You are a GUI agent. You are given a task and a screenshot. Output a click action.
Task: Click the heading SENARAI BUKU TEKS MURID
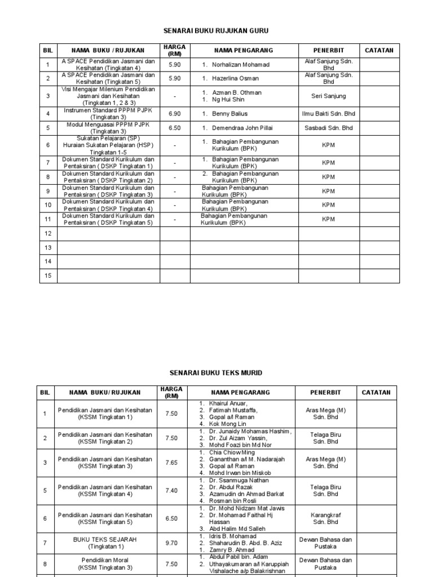coord(216,373)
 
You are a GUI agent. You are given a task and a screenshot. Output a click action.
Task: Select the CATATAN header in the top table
coord(379,50)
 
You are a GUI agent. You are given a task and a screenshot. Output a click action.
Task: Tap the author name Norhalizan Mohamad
coord(233,65)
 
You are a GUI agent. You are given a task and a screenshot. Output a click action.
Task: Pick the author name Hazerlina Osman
coord(231,79)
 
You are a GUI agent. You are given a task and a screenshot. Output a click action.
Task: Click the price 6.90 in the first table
coord(175,114)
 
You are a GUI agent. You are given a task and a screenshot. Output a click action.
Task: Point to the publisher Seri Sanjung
coord(329,96)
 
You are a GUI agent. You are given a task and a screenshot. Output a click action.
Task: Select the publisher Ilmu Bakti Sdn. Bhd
coord(329,114)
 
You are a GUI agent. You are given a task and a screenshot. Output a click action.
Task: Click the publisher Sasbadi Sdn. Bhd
coord(329,128)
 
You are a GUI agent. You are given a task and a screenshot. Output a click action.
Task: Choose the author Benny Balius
coord(229,114)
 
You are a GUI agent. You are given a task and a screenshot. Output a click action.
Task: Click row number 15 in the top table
coord(48,276)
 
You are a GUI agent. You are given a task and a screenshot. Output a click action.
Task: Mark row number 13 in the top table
coord(48,247)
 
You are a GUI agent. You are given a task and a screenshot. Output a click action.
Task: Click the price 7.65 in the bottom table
coord(171,463)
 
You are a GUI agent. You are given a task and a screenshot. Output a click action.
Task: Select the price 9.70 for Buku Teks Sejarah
coord(171,543)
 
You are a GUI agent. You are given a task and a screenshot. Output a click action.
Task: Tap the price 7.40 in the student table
coord(171,491)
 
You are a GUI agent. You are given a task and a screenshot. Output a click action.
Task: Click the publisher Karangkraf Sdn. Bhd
coord(325,518)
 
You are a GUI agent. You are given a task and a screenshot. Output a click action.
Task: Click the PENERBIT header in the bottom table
coord(325,392)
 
